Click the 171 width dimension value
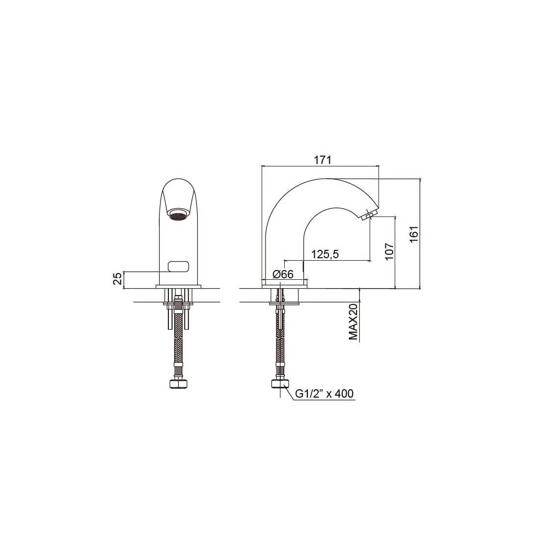pyautogui.click(x=323, y=160)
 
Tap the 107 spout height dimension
pyautogui.click(x=388, y=251)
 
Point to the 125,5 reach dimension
pyautogui.click(x=325, y=254)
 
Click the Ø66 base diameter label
pyautogui.click(x=282, y=274)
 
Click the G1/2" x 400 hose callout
pyautogui.click(x=324, y=394)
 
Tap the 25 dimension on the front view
pyautogui.click(x=118, y=279)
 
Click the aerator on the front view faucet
pyautogui.click(x=178, y=215)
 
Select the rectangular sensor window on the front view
pyautogui.click(x=178, y=267)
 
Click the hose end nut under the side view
pyautogui.click(x=280, y=383)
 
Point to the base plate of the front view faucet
pyautogui.click(x=178, y=286)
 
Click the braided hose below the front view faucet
pyautogui.click(x=178, y=344)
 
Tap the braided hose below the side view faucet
pyautogui.click(x=280, y=344)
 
